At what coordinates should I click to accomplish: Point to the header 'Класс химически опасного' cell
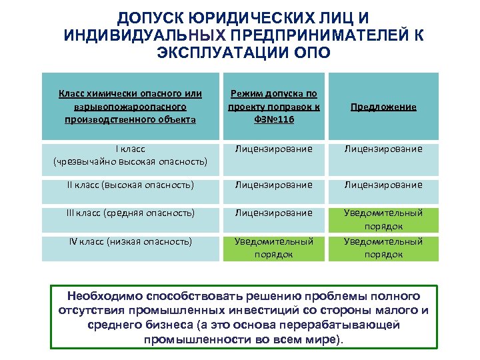(x=131, y=107)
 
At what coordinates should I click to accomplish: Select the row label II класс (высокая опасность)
(x=131, y=185)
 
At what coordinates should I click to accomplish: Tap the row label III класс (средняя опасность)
(x=131, y=213)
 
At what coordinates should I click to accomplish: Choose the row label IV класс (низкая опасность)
(x=131, y=241)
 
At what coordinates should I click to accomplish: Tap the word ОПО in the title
(x=311, y=53)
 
